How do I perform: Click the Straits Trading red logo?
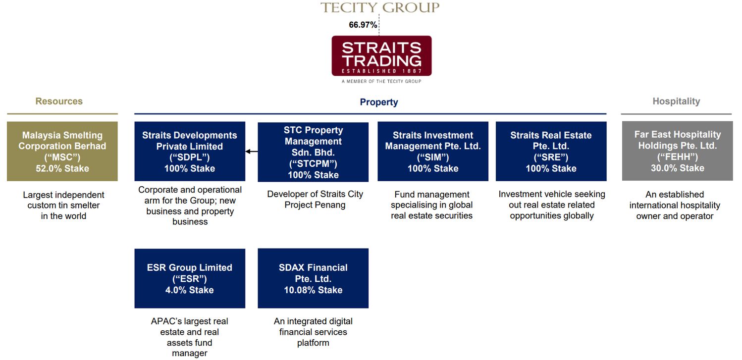pyautogui.click(x=381, y=56)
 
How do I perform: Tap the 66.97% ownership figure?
pyautogui.click(x=363, y=25)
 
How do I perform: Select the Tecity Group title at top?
pyautogui.click(x=380, y=7)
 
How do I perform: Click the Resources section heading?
pyautogui.click(x=59, y=101)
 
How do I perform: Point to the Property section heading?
pyautogui.click(x=379, y=102)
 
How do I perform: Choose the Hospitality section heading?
pyautogui.click(x=676, y=101)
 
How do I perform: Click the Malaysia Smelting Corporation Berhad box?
pyautogui.click(x=62, y=152)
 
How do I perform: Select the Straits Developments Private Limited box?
pyautogui.click(x=190, y=152)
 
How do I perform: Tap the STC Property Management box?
pyautogui.click(x=313, y=152)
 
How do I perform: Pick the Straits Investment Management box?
pyautogui.click(x=433, y=152)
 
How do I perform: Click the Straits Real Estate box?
pyautogui.click(x=551, y=152)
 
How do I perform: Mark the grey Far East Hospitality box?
pyautogui.click(x=678, y=151)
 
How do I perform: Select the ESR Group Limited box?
pyautogui.click(x=190, y=278)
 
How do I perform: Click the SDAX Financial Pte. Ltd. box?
pyautogui.click(x=313, y=278)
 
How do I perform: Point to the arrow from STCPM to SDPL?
pyautogui.click(x=252, y=152)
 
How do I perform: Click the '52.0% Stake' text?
pyautogui.click(x=62, y=168)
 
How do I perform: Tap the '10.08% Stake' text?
pyautogui.click(x=313, y=290)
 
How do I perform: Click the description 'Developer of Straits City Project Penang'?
pyautogui.click(x=315, y=200)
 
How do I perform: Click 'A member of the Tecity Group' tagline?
pyautogui.click(x=381, y=81)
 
